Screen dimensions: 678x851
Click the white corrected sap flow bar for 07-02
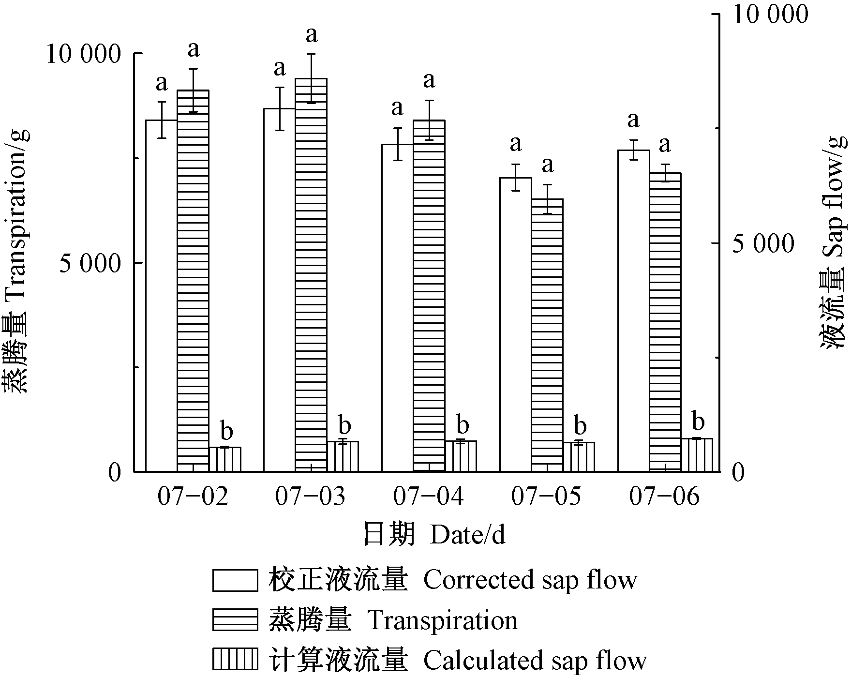pos(162,295)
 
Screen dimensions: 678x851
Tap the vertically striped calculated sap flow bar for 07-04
pos(461,456)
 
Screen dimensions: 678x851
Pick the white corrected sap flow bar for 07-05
pos(516,324)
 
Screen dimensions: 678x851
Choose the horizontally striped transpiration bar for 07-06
pos(665,322)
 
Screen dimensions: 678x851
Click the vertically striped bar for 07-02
pos(225,459)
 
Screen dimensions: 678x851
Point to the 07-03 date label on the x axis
pos(310,497)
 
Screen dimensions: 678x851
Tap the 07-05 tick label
pos(547,497)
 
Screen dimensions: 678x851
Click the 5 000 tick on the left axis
pos(89,264)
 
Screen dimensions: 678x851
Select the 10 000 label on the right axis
pos(770,15)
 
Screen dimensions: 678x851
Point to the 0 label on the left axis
pos(114,472)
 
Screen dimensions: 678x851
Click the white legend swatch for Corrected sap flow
pos(235,580)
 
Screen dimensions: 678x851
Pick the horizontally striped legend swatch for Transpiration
pos(235,620)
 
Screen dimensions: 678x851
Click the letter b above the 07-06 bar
pos(698,421)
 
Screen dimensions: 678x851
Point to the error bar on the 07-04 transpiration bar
pos(429,120)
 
